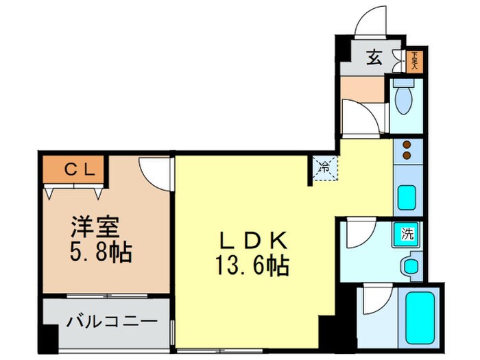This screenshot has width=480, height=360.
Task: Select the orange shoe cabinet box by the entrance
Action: point(413,61)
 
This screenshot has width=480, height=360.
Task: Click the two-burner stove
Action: point(407,152)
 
